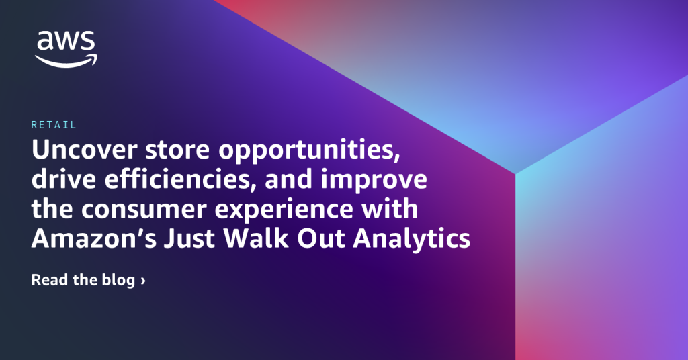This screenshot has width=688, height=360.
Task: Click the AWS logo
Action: [x=67, y=49]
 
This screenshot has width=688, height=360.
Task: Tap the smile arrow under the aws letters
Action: [x=67, y=61]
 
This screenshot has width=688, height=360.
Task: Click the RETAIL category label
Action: [x=54, y=125]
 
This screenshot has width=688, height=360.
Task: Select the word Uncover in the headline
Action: [x=84, y=150]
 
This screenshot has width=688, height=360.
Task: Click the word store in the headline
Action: [x=177, y=150]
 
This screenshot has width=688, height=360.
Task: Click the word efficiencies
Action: [x=180, y=180]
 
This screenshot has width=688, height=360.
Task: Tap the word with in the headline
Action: [x=390, y=209]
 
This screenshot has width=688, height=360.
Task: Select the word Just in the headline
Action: [x=190, y=239]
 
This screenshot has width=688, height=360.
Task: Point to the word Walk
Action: [x=256, y=238]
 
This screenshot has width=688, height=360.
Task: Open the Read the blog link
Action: [x=88, y=280]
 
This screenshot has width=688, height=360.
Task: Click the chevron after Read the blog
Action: [x=143, y=281]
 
